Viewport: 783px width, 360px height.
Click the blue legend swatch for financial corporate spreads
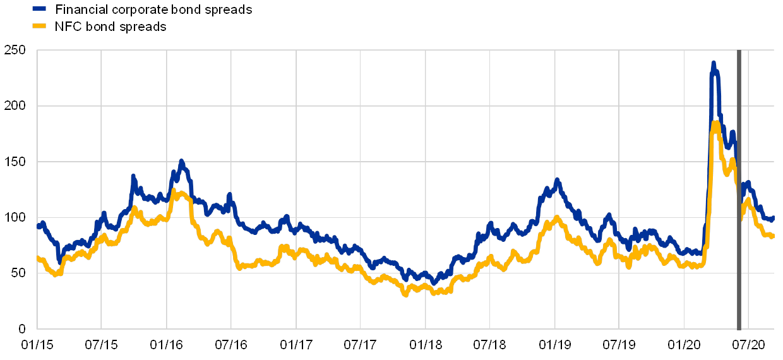pyautogui.click(x=39, y=9)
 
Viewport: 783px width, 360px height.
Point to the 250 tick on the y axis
pyautogui.click(x=15, y=50)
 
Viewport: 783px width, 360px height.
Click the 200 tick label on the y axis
pyautogui.click(x=15, y=106)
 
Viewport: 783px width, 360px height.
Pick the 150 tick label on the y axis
pyautogui.click(x=15, y=162)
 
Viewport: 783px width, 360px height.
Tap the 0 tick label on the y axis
pyautogui.click(x=22, y=329)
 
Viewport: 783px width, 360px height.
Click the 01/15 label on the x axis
pyautogui.click(x=37, y=345)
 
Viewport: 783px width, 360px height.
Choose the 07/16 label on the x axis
pyautogui.click(x=231, y=345)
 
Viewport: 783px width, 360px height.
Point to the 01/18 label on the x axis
pyautogui.click(x=426, y=345)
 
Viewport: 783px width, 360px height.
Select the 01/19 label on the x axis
pyautogui.click(x=555, y=345)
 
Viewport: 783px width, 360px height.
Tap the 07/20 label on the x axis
pyautogui.click(x=748, y=345)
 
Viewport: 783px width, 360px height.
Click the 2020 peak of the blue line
pyautogui.click(x=713, y=63)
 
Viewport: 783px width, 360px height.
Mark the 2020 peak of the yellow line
pyautogui.click(x=715, y=121)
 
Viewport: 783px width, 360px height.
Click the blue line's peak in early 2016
pyautogui.click(x=181, y=162)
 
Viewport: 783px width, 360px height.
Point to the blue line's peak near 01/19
pyautogui.click(x=557, y=180)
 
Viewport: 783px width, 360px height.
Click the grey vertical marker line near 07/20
pyautogui.click(x=739, y=189)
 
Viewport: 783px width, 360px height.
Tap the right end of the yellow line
pyautogui.click(x=772, y=236)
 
